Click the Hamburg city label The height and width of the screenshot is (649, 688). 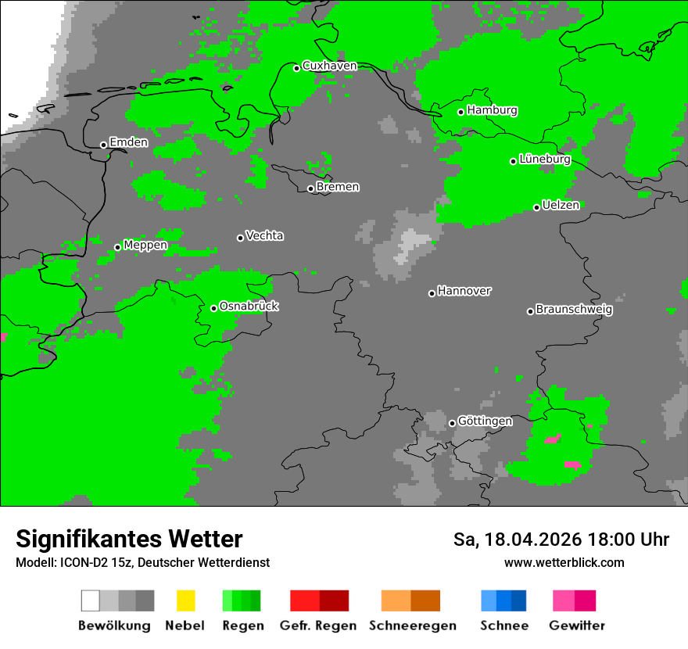coord(492,111)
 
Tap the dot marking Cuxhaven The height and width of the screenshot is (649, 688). coord(297,68)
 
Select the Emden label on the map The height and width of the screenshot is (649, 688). coord(128,142)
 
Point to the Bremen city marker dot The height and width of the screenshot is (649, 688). coord(310,188)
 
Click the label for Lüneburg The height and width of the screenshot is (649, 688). coord(544,160)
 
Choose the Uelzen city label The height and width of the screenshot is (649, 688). coord(561,206)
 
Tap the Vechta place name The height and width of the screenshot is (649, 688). coord(264,236)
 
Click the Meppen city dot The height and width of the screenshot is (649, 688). coord(117,247)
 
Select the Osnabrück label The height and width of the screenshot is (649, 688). coord(249,307)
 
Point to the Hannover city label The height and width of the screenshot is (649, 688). coord(464,291)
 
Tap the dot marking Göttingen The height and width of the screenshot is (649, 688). coord(452,423)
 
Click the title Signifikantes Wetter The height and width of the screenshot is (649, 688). coord(129,540)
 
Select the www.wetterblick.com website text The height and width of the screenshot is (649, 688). coord(564,563)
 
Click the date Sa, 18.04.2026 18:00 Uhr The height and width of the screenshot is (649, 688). coord(561,540)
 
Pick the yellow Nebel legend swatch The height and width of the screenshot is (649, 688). coord(185,601)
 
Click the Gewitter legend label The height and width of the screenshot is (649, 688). coord(576,626)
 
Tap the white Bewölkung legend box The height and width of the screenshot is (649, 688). coord(91,601)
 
